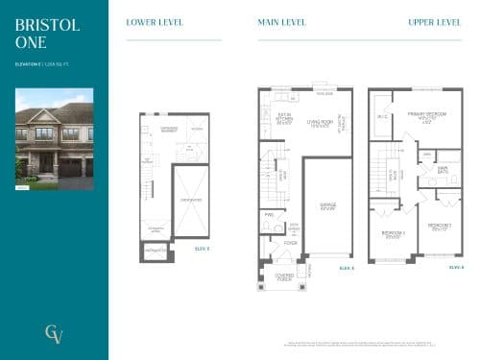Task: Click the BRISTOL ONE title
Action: pos(34,34)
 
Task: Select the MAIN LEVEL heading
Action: pos(280,22)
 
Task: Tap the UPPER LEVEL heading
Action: pos(435,22)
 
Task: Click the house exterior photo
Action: pos(55,139)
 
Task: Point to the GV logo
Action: pos(54,333)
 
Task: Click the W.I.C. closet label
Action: pos(383,118)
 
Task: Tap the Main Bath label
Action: pos(444,173)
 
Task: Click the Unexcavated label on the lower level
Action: pos(190,200)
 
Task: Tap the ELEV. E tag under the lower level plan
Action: pos(202,248)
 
